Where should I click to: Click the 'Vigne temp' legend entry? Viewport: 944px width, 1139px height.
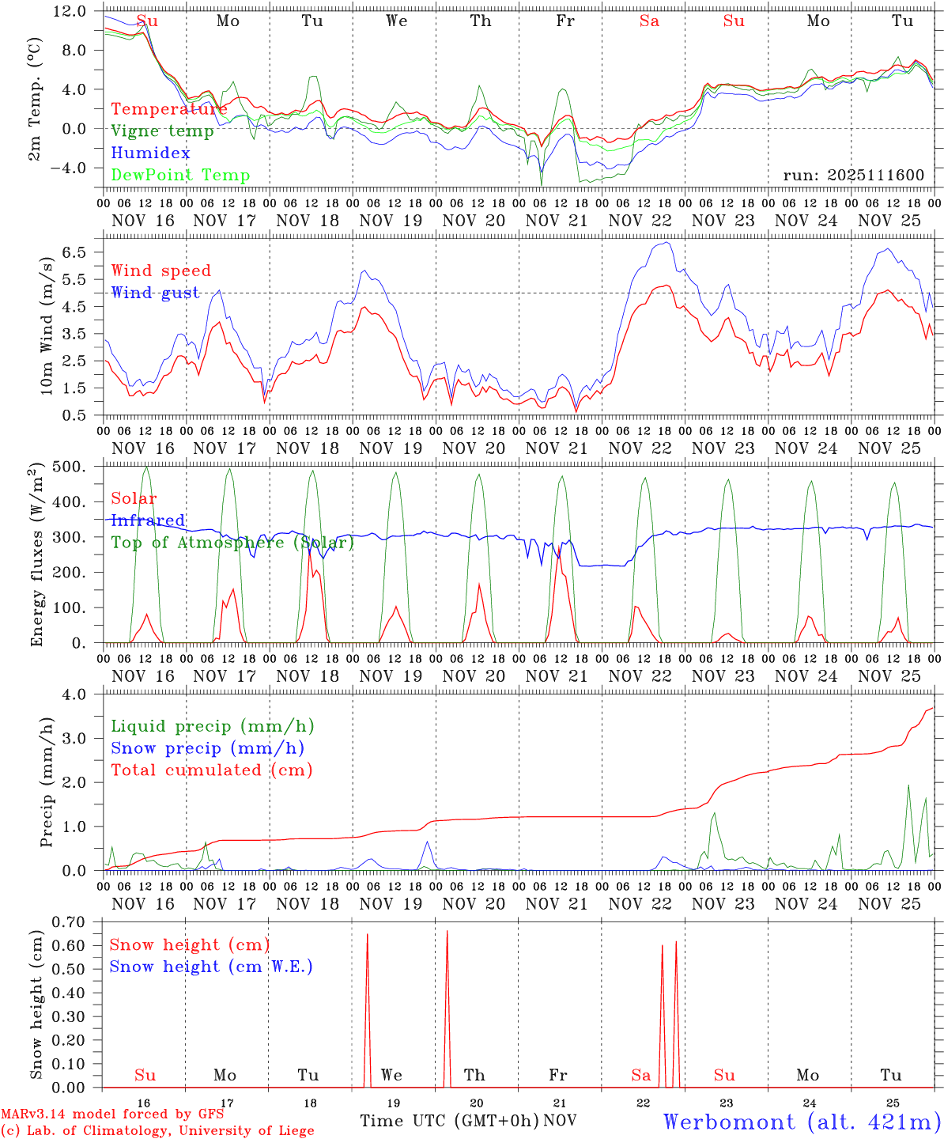click(x=162, y=131)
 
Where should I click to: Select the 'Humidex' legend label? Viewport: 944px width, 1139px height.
click(x=150, y=153)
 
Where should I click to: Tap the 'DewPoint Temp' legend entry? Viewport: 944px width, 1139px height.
click(x=180, y=176)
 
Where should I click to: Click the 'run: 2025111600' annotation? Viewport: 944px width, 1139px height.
click(x=853, y=176)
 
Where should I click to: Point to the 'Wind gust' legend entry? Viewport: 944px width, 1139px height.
click(x=155, y=293)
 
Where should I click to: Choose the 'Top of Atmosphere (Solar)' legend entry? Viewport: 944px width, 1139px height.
click(x=232, y=543)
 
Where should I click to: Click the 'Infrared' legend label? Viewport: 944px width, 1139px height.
click(x=148, y=520)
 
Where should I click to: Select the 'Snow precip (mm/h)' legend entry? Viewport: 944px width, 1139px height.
click(x=207, y=748)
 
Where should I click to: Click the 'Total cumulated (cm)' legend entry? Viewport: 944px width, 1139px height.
click(x=211, y=770)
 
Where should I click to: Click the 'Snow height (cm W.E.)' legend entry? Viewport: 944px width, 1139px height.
click(x=211, y=967)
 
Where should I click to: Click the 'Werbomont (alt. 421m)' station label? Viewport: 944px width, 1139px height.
click(x=802, y=1122)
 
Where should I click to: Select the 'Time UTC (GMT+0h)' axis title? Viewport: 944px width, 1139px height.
click(x=449, y=1121)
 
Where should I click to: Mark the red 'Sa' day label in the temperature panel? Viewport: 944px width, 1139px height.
click(x=649, y=21)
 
